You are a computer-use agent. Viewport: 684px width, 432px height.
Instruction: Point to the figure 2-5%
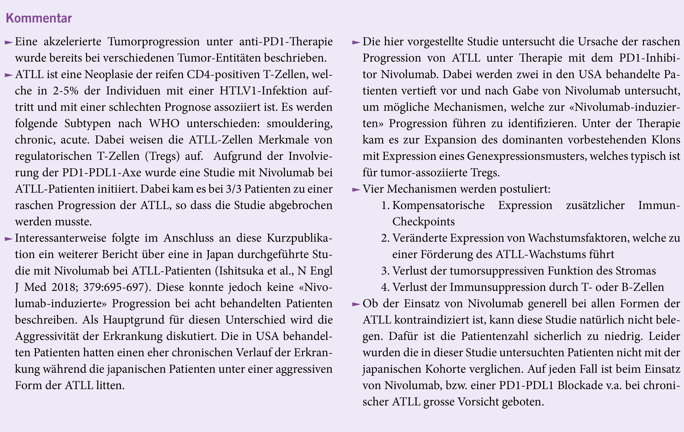[65, 91]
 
